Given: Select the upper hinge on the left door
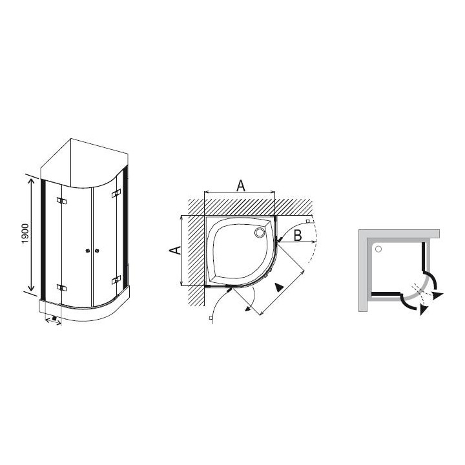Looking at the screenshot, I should (x=61, y=201).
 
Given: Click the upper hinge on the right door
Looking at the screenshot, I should (x=116, y=194).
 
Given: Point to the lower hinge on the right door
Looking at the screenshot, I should (x=116, y=279).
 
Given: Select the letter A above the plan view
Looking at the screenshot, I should (x=240, y=186).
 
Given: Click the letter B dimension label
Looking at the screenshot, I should (x=297, y=236).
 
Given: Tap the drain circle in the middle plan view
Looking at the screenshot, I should (x=262, y=231).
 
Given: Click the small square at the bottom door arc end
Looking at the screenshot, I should (x=211, y=319).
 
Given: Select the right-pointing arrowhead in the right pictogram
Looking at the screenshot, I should (x=439, y=295).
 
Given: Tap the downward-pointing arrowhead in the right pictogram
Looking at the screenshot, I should (x=422, y=311).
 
